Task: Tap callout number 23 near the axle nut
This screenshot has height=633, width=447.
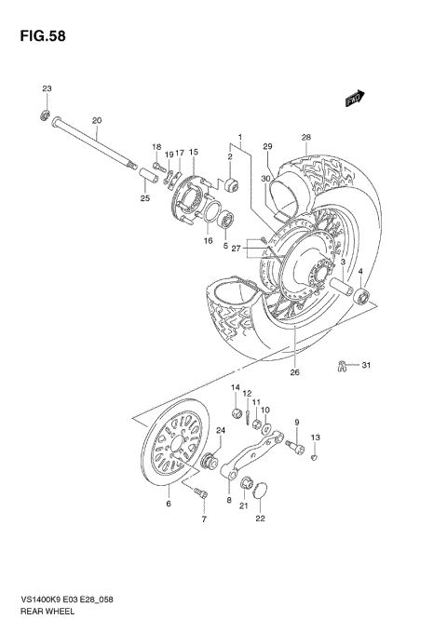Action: click(x=46, y=88)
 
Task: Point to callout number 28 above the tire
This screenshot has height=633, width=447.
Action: click(x=305, y=138)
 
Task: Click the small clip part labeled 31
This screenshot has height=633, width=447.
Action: click(x=343, y=364)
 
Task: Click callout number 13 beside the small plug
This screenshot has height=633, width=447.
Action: click(x=315, y=438)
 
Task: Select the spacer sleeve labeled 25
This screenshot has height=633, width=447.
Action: click(x=145, y=176)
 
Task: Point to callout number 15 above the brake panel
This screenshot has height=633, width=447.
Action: click(x=194, y=152)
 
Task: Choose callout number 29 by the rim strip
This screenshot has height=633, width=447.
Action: click(x=266, y=147)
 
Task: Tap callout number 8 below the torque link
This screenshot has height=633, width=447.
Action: click(x=228, y=500)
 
